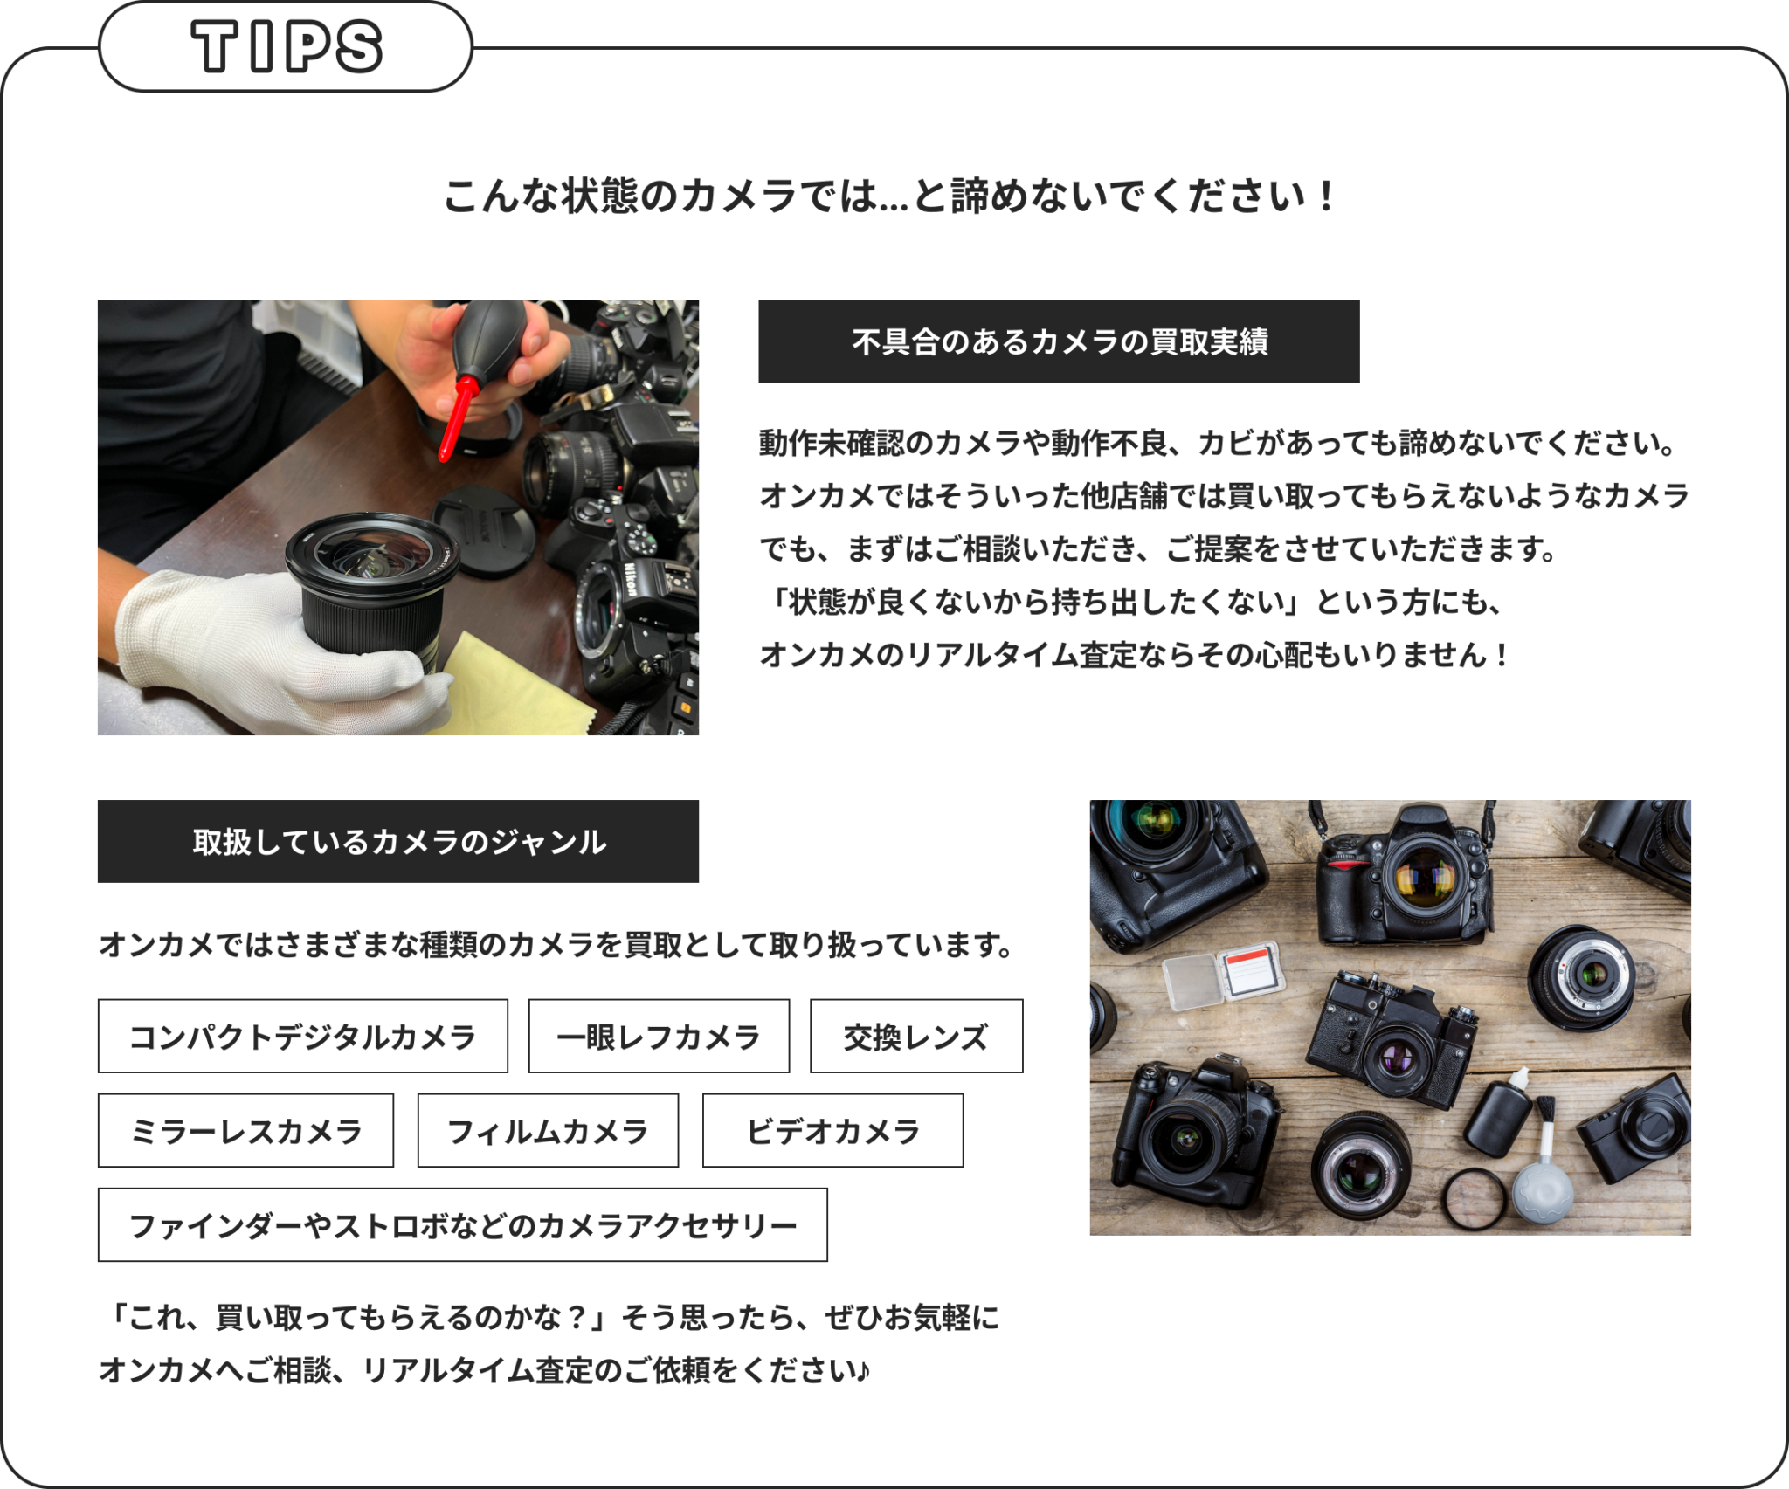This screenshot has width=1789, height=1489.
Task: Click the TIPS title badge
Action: pyautogui.click(x=286, y=47)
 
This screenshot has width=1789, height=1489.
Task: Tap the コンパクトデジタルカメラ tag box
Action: pyautogui.click(x=302, y=1036)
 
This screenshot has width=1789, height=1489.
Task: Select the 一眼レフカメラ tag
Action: pyautogui.click(x=659, y=1036)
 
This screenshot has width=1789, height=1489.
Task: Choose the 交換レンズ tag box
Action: pyautogui.click(x=916, y=1036)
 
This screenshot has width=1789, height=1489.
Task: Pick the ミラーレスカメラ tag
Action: pyautogui.click(x=245, y=1130)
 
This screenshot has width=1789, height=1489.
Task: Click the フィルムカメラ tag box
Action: pyautogui.click(x=548, y=1130)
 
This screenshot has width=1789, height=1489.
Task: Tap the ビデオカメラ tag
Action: pyautogui.click(x=832, y=1130)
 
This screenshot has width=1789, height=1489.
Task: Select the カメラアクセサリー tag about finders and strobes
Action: pyautogui.click(x=462, y=1224)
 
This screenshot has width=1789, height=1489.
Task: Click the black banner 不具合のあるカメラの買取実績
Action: pyautogui.click(x=1059, y=341)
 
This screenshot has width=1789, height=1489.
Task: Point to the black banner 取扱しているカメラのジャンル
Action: pyautogui.click(x=398, y=841)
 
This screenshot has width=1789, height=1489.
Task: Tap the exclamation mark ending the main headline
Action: pyautogui.click(x=1327, y=196)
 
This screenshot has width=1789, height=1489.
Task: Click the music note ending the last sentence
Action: pyautogui.click(x=863, y=1370)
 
